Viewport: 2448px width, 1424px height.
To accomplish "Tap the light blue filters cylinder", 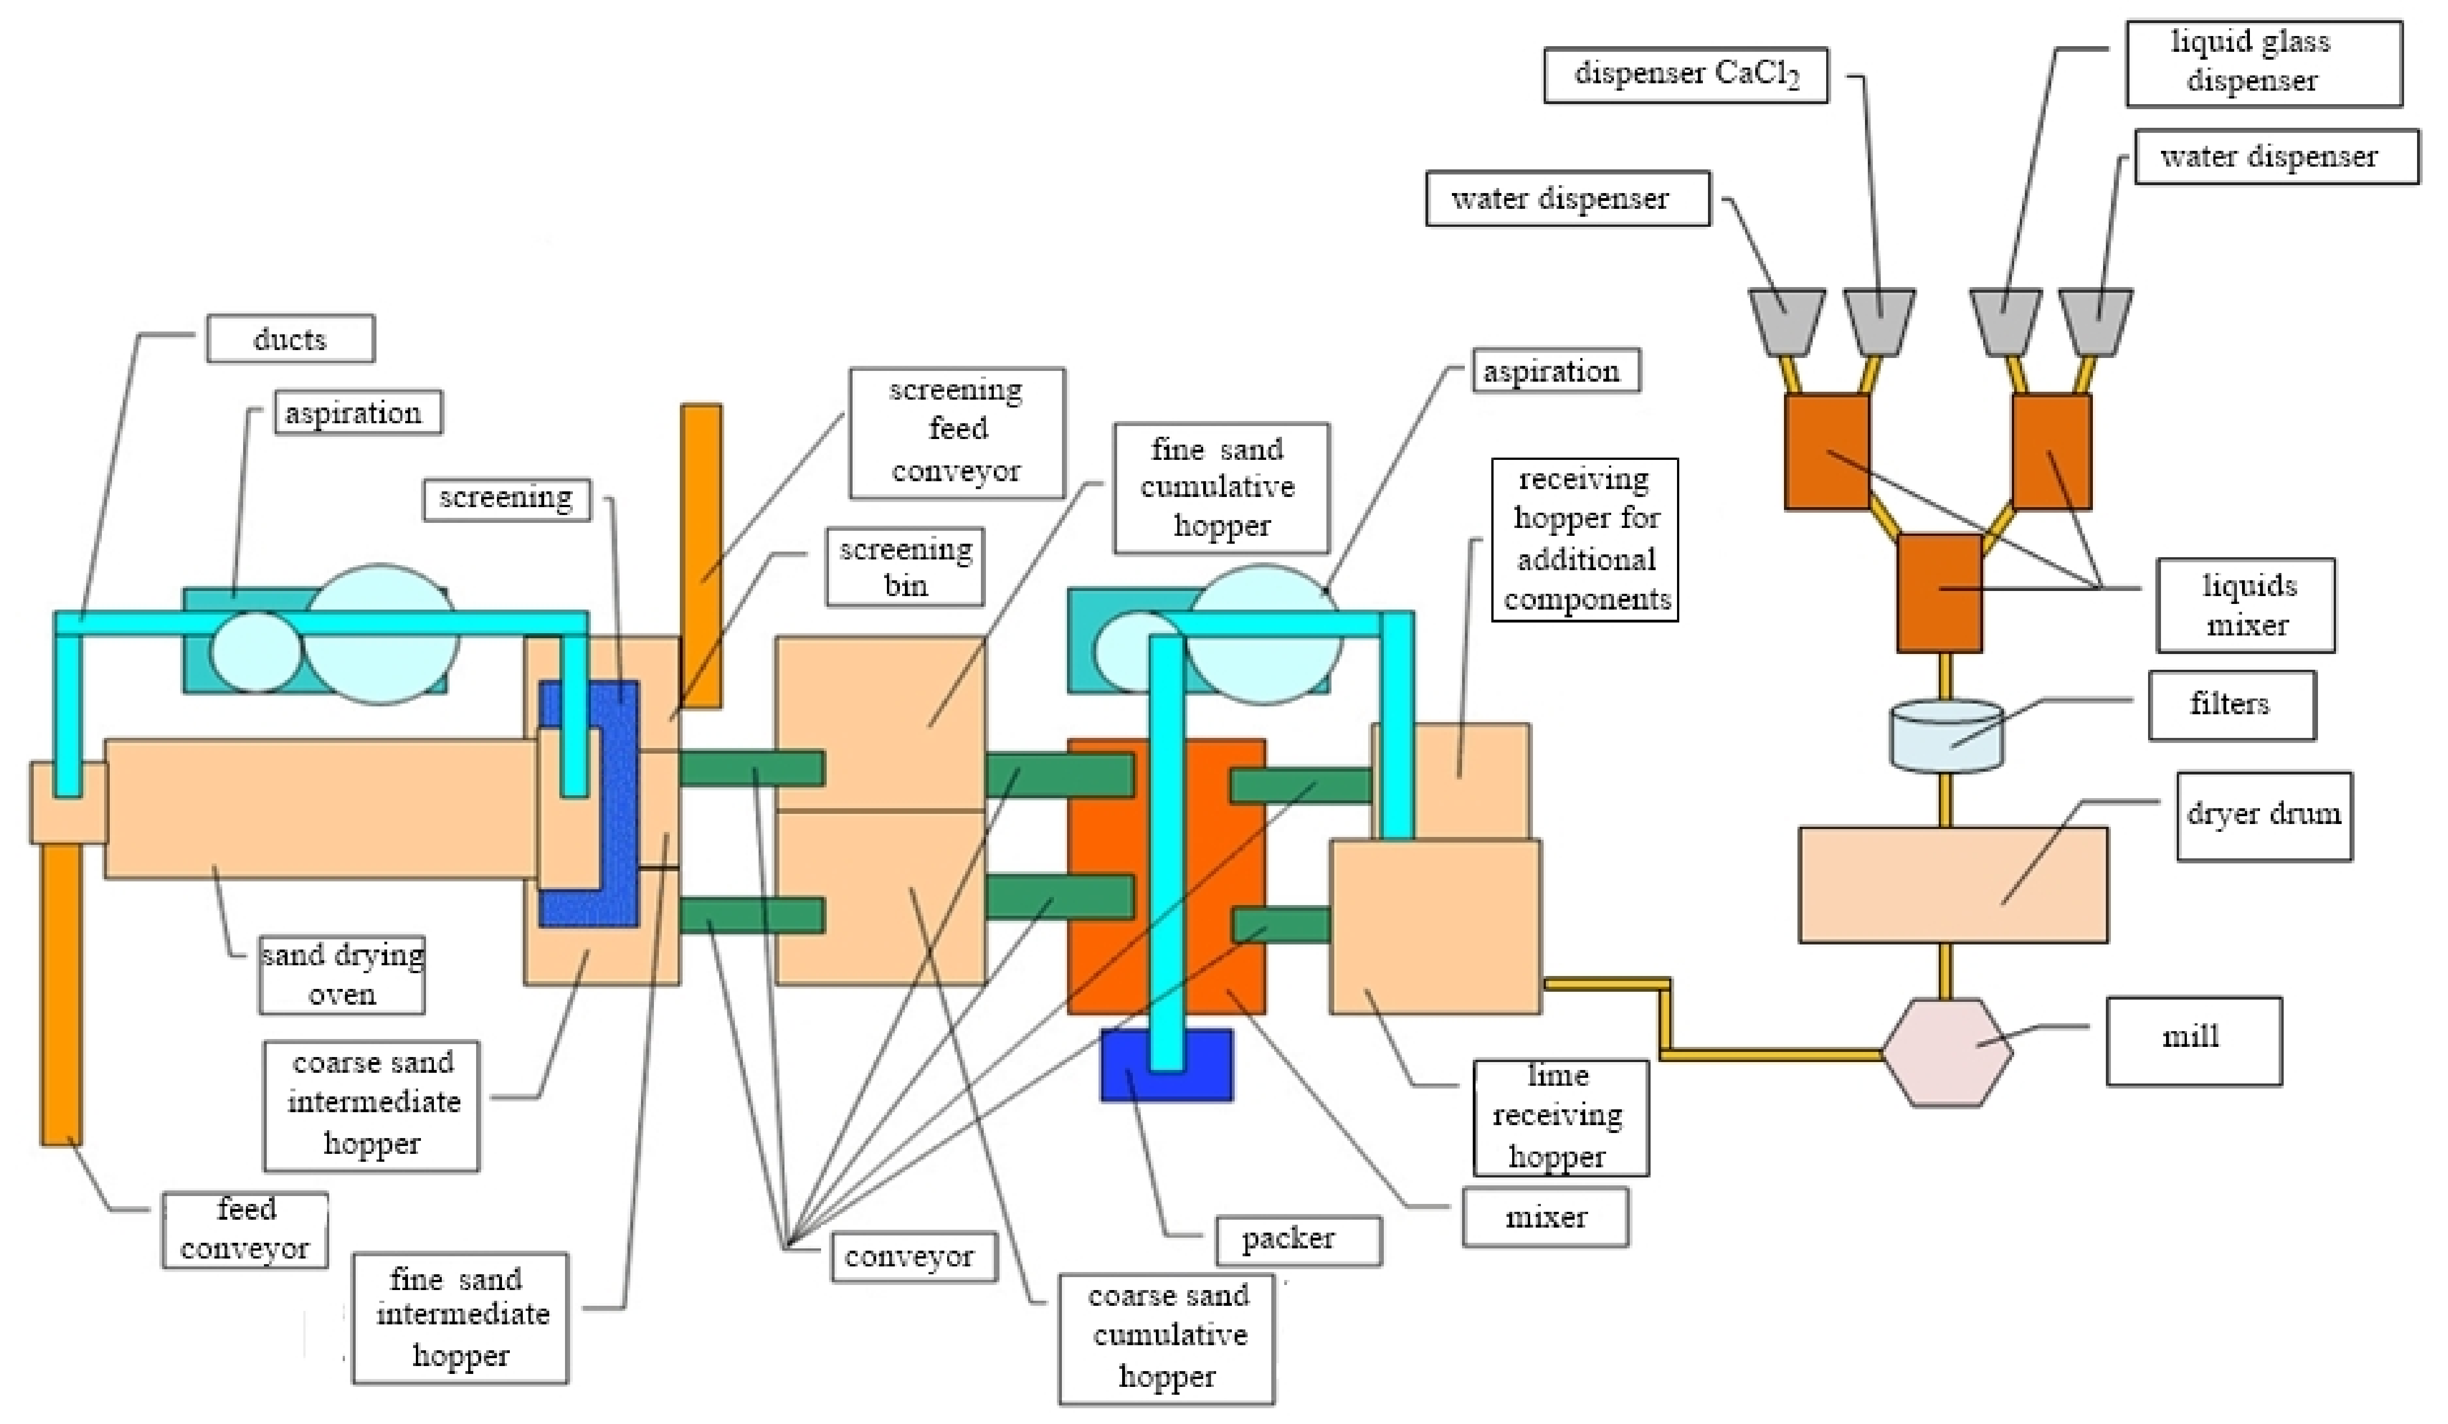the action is click(x=1946, y=736).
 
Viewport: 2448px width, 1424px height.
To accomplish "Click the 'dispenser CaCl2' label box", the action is click(x=1685, y=75).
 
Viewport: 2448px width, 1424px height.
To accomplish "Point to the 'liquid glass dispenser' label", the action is click(x=2263, y=63).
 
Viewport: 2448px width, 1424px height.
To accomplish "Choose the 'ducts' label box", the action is click(x=290, y=339).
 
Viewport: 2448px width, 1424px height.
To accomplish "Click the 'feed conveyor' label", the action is click(x=245, y=1230).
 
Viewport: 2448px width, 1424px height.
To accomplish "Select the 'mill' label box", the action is click(x=2194, y=1040).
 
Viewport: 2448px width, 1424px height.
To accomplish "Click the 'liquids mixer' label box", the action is click(x=2246, y=605).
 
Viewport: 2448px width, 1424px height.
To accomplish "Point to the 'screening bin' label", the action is click(x=905, y=567).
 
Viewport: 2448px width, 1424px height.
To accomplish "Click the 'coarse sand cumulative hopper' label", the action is click(x=1167, y=1338).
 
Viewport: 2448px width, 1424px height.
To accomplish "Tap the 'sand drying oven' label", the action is click(x=342, y=974).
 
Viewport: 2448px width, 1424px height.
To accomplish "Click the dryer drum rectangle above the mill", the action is click(x=1953, y=884).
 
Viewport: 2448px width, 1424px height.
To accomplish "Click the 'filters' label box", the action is click(x=2231, y=705).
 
